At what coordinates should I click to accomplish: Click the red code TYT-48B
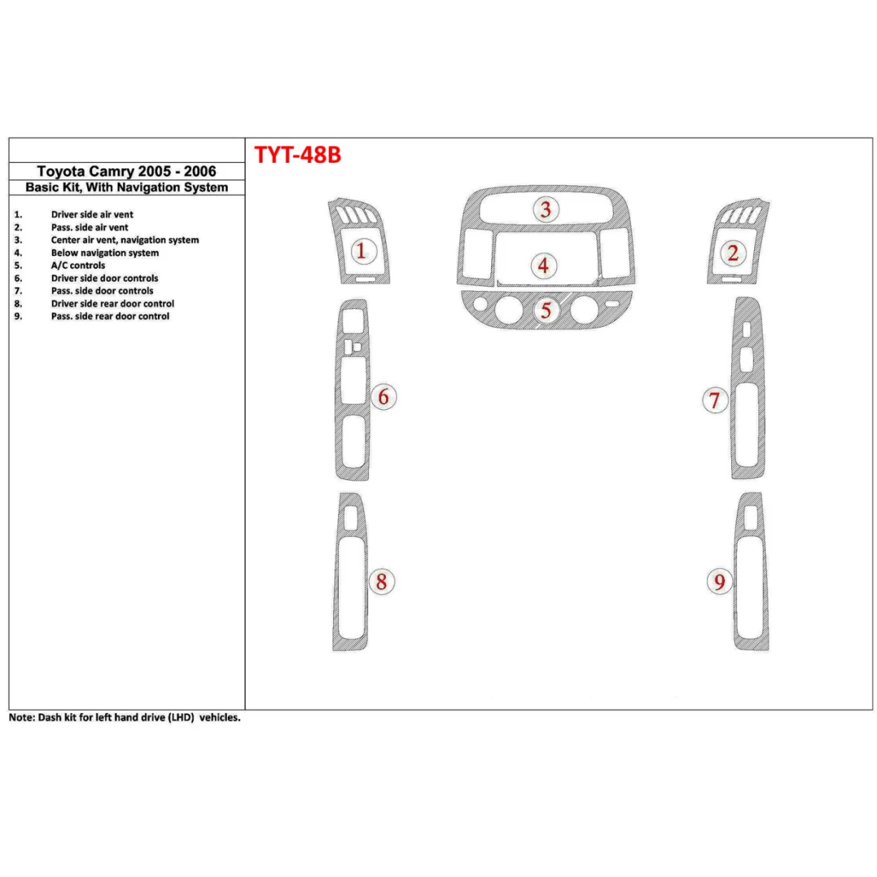[x=297, y=154]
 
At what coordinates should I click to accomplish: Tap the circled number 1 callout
[x=361, y=250]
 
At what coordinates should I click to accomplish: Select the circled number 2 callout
[x=733, y=253]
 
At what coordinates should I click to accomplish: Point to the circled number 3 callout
[x=545, y=208]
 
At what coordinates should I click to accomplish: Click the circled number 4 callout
[x=543, y=266]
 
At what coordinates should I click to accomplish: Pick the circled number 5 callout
[x=546, y=309]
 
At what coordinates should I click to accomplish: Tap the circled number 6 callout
[x=383, y=396]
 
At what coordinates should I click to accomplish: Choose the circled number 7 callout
[x=715, y=401]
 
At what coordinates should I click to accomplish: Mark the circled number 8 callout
[x=382, y=581]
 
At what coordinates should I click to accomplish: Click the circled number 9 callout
[x=719, y=582]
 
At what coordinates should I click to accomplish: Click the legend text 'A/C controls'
[x=78, y=266]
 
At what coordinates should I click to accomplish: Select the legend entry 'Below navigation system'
[x=105, y=253]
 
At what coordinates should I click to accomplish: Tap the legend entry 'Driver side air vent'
[x=92, y=215]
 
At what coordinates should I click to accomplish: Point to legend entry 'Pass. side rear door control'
[x=110, y=316]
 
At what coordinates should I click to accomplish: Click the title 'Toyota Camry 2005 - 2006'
[x=126, y=171]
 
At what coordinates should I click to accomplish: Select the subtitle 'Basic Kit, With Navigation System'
[x=126, y=187]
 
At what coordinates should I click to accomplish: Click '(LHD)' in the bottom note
[x=181, y=718]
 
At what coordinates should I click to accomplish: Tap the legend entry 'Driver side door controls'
[x=105, y=279]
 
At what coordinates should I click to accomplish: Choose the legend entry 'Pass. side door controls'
[x=102, y=291]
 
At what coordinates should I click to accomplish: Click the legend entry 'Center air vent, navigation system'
[x=125, y=240]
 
